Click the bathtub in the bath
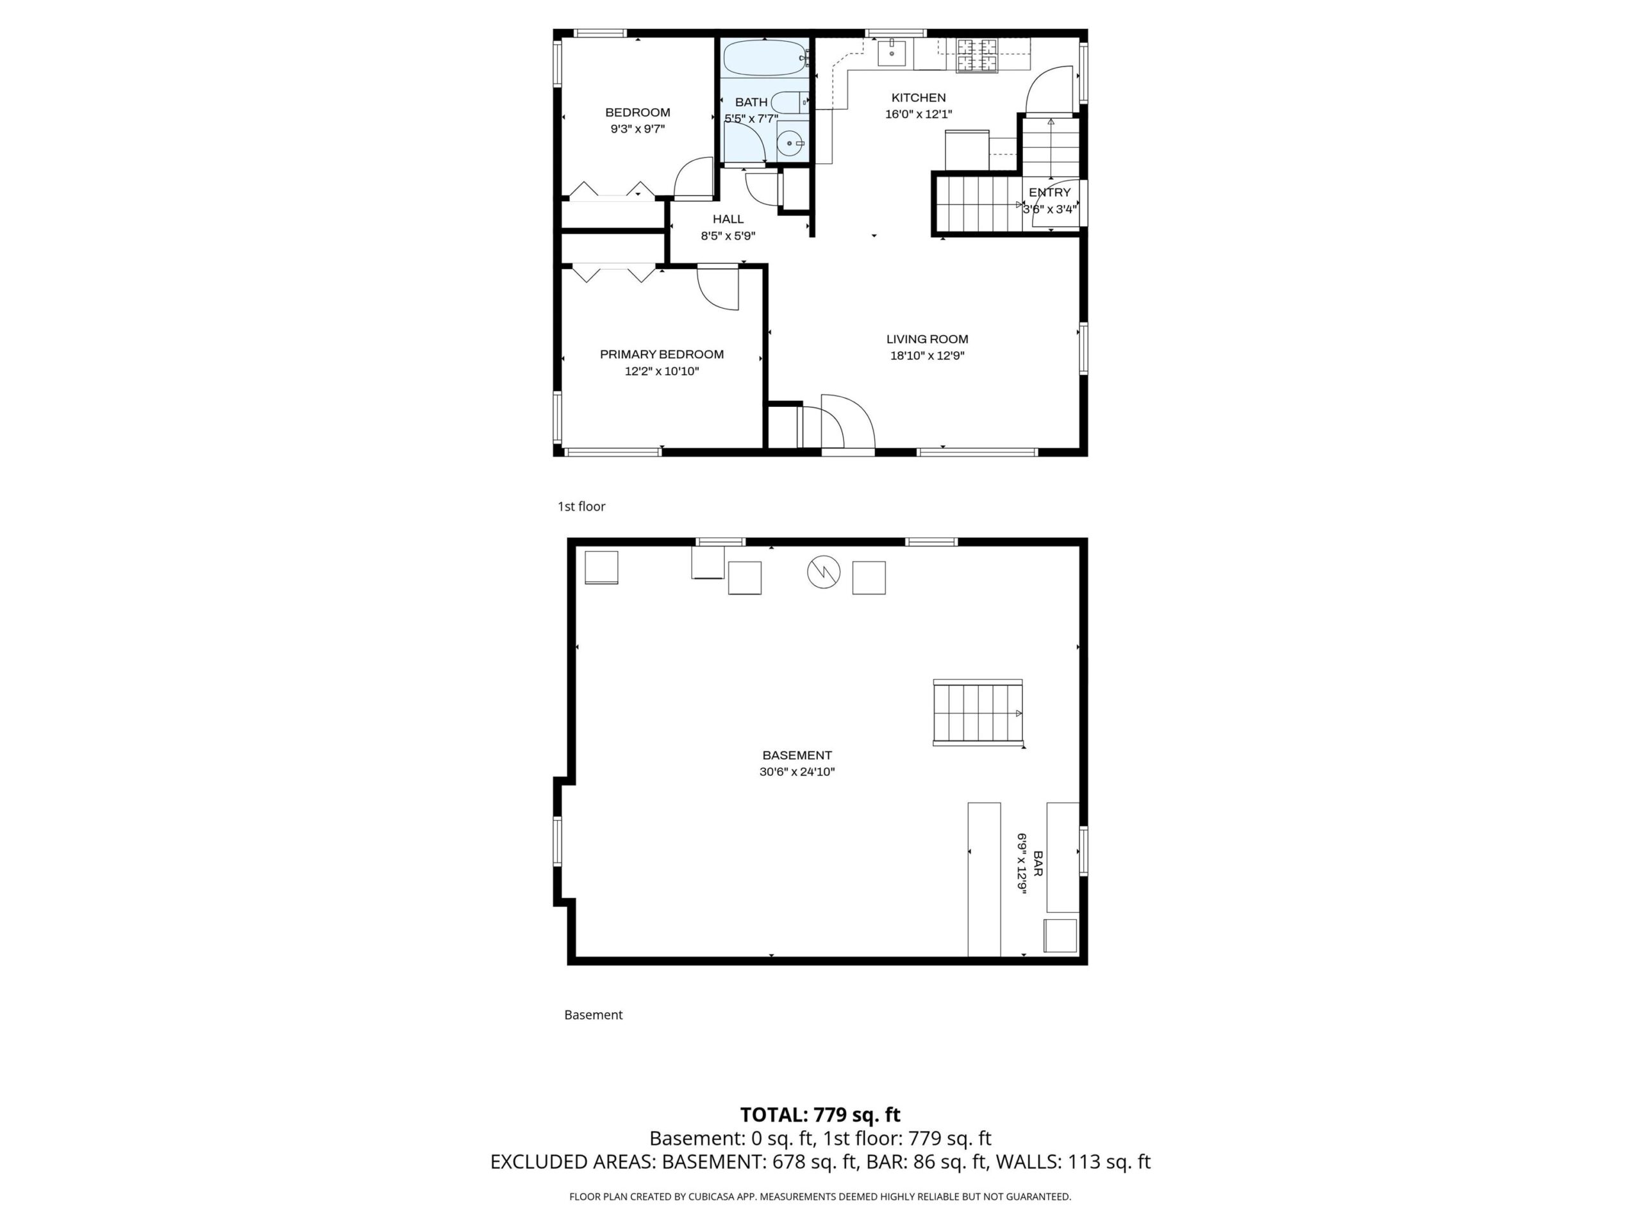tap(764, 58)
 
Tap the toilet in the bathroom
tap(789, 102)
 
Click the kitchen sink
tap(892, 52)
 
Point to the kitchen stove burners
tap(977, 56)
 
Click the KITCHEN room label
tap(919, 98)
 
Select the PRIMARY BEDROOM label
tap(662, 354)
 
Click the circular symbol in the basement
tap(824, 572)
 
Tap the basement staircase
tap(978, 712)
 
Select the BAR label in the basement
tap(1038, 864)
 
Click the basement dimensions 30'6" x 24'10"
tap(797, 772)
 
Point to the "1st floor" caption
tap(581, 506)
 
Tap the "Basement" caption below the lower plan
tap(594, 1015)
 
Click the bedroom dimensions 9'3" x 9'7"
tap(637, 129)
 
